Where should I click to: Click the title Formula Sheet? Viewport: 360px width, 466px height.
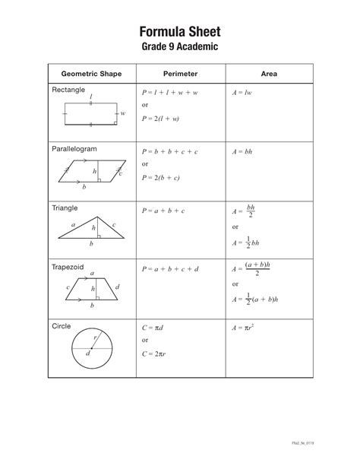[x=180, y=31]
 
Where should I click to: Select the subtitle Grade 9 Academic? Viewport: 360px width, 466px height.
[x=180, y=47]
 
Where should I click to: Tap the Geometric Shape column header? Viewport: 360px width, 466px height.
[x=90, y=75]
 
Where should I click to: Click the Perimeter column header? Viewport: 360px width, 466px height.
[x=181, y=75]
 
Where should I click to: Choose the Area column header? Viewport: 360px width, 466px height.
[x=269, y=75]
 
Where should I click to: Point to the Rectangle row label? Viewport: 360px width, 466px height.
[x=68, y=90]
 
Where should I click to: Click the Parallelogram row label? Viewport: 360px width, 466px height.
[x=74, y=149]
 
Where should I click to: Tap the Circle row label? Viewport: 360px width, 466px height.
[x=62, y=326]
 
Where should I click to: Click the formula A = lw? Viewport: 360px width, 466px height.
[x=242, y=93]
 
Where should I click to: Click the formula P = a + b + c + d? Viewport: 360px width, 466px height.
[x=170, y=269]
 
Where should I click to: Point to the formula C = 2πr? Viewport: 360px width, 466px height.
[x=156, y=354]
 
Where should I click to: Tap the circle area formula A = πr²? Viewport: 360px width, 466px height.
[x=244, y=328]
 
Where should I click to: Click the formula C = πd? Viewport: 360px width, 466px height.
[x=154, y=328]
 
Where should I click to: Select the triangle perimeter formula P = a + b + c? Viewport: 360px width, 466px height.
[x=163, y=211]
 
